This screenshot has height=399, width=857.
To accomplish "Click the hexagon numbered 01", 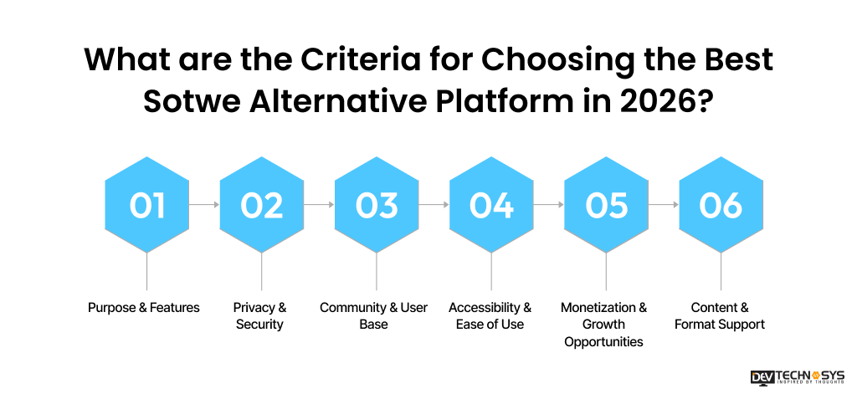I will pyautogui.click(x=147, y=205).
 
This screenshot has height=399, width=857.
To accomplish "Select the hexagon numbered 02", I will pyautogui.click(x=262, y=205).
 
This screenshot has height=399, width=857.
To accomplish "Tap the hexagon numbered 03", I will pyautogui.click(x=377, y=205).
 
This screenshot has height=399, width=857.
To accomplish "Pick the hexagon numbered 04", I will pyautogui.click(x=491, y=205).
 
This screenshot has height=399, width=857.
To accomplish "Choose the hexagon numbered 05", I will pyautogui.click(x=606, y=205).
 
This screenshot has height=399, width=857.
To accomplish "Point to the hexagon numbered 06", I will pyautogui.click(x=721, y=205).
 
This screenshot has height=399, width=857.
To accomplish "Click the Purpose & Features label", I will pyautogui.click(x=144, y=308).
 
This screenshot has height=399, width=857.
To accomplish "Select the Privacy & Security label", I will pyautogui.click(x=259, y=316).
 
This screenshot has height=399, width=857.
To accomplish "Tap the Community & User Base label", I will pyautogui.click(x=373, y=316).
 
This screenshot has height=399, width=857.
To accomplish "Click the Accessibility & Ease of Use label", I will pyautogui.click(x=490, y=316).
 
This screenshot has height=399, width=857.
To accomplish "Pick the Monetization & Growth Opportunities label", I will pyautogui.click(x=603, y=325).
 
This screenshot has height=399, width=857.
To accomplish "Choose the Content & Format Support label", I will pyautogui.click(x=720, y=316).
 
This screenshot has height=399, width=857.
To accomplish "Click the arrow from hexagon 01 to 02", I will pyautogui.click(x=204, y=204).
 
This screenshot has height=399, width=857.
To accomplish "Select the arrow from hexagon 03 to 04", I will pyautogui.click(x=434, y=204).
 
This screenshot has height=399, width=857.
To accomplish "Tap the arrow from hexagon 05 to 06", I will pyautogui.click(x=663, y=204).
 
